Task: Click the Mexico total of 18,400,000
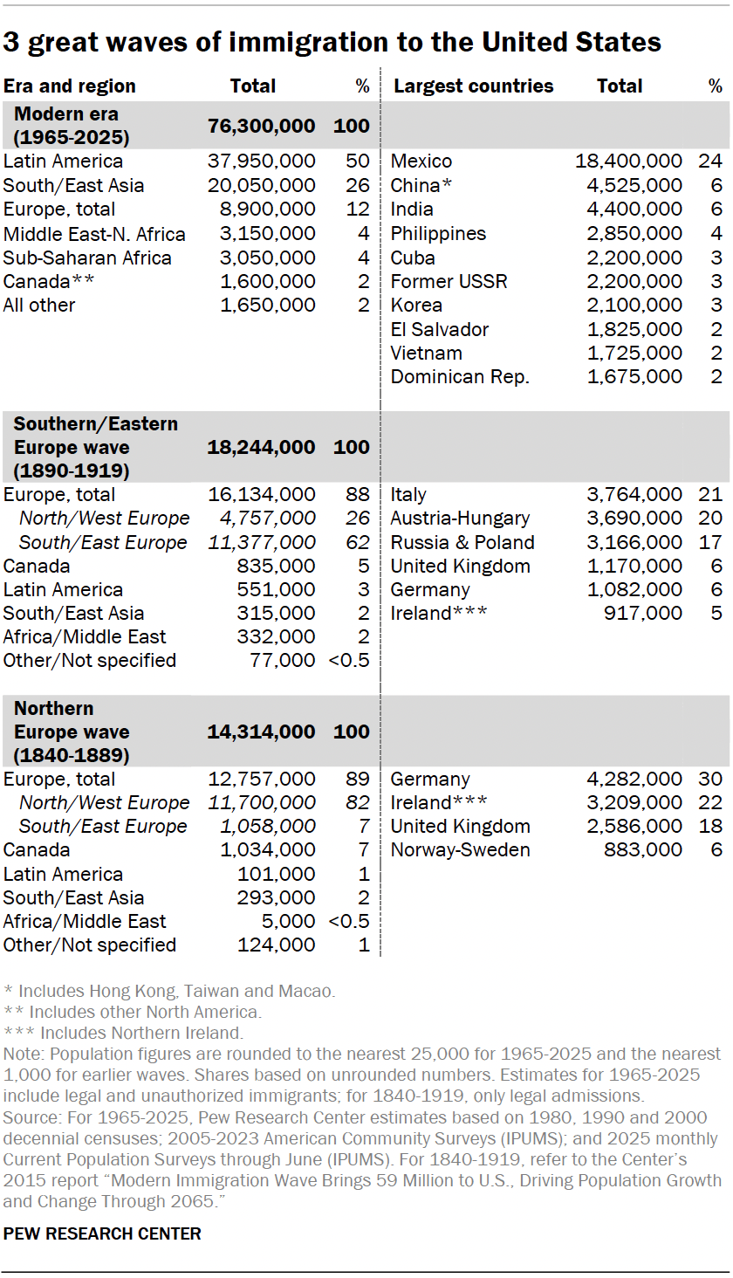pos(628,161)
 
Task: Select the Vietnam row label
pos(427,354)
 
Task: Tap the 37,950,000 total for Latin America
pos(261,161)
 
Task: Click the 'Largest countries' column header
pos(474,86)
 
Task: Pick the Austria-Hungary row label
pos(460,519)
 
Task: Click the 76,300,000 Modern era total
pos(261,126)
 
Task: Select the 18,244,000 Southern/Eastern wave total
pos(261,447)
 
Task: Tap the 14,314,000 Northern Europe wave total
pos(261,732)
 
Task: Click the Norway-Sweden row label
pos(460,850)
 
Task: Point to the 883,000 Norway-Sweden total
pos(643,850)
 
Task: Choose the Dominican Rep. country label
pos(460,377)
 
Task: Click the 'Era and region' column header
pos(70,86)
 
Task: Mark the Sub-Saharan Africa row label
pos(87,258)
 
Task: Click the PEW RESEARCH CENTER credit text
pos(102,1233)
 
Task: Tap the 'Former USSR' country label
pos(449,282)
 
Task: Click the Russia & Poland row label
pos(462,542)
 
